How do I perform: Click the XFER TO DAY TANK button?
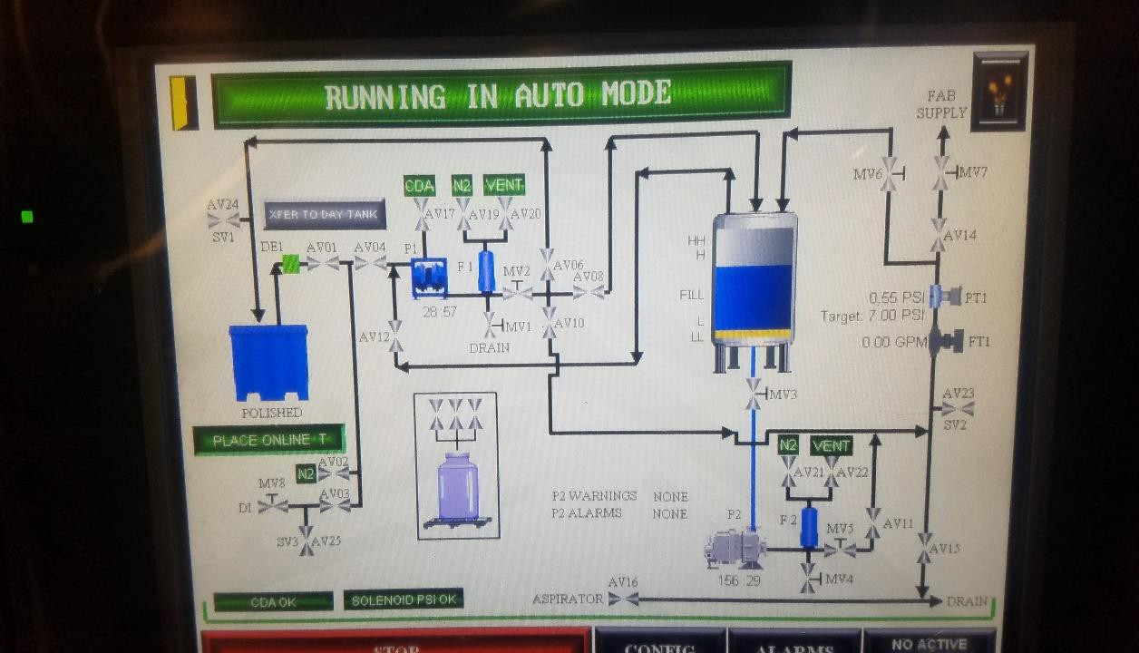click(x=324, y=215)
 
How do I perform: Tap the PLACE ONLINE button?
click(x=269, y=440)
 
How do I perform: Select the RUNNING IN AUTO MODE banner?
click(x=500, y=94)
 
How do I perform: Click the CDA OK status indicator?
click(x=274, y=601)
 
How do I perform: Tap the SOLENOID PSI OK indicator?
click(x=404, y=599)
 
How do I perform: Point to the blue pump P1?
click(x=429, y=277)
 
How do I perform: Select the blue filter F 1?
click(x=486, y=270)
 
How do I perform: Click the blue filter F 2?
click(x=809, y=527)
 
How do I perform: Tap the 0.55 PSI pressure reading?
click(x=896, y=297)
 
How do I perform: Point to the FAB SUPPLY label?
click(x=941, y=104)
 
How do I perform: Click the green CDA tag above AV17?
click(x=419, y=186)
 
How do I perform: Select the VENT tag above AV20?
click(x=504, y=185)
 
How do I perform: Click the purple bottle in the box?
click(x=457, y=487)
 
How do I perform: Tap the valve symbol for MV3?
click(x=754, y=394)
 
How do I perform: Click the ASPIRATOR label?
click(x=568, y=599)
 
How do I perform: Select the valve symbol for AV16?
click(x=623, y=599)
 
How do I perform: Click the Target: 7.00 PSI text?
click(x=871, y=316)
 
